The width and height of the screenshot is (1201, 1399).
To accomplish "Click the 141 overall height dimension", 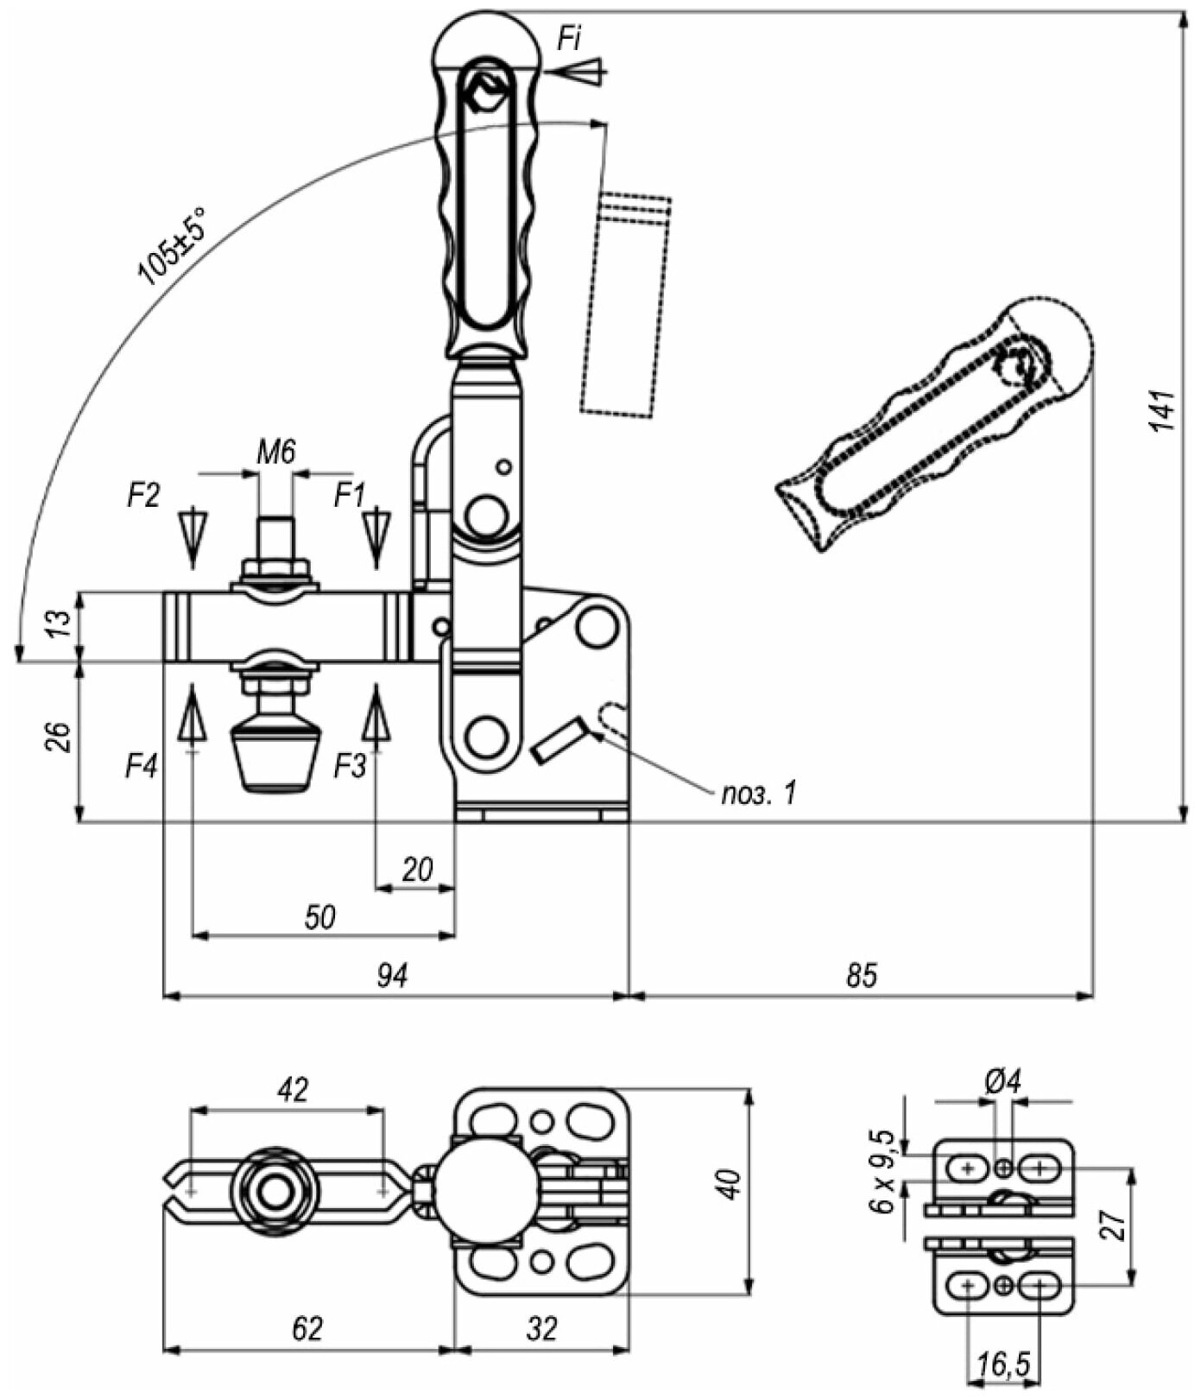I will [1163, 411].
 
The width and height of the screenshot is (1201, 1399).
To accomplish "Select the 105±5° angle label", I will [172, 246].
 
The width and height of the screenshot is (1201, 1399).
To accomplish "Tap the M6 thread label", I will [276, 452].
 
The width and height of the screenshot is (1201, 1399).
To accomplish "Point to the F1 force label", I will [350, 495].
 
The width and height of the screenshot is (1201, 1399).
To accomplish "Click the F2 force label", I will [143, 495].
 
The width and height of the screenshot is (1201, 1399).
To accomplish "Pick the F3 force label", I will [350, 765].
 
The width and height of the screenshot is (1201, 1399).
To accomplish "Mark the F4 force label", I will [142, 766].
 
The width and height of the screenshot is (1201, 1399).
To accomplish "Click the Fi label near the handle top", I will [569, 39].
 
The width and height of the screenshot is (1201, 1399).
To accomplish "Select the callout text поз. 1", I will [758, 793].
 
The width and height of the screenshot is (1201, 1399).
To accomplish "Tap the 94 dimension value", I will [392, 976].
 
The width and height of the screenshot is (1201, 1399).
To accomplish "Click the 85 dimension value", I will [861, 976].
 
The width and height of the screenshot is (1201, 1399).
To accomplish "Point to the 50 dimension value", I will [319, 917].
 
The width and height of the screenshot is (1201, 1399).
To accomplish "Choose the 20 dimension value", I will [417, 870].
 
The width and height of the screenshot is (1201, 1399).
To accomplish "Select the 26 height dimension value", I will [57, 737].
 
